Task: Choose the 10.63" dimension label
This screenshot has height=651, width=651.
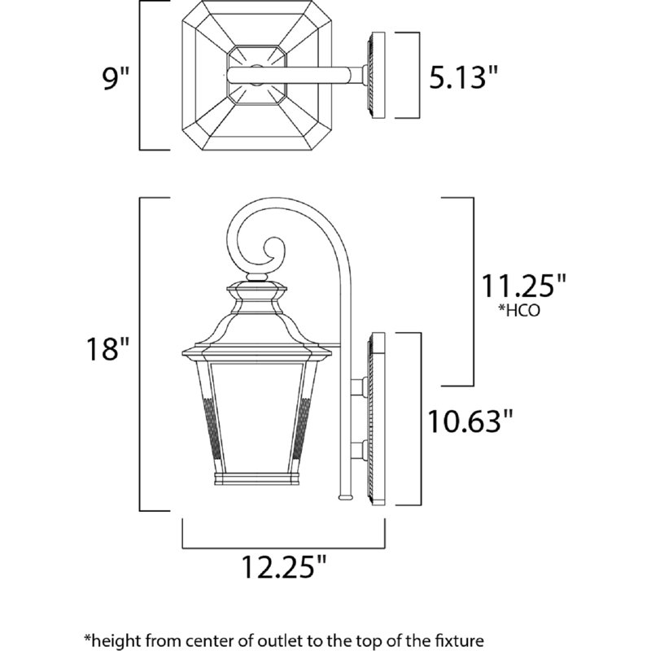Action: coord(471,420)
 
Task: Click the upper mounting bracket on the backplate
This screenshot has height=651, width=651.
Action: coord(360,387)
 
